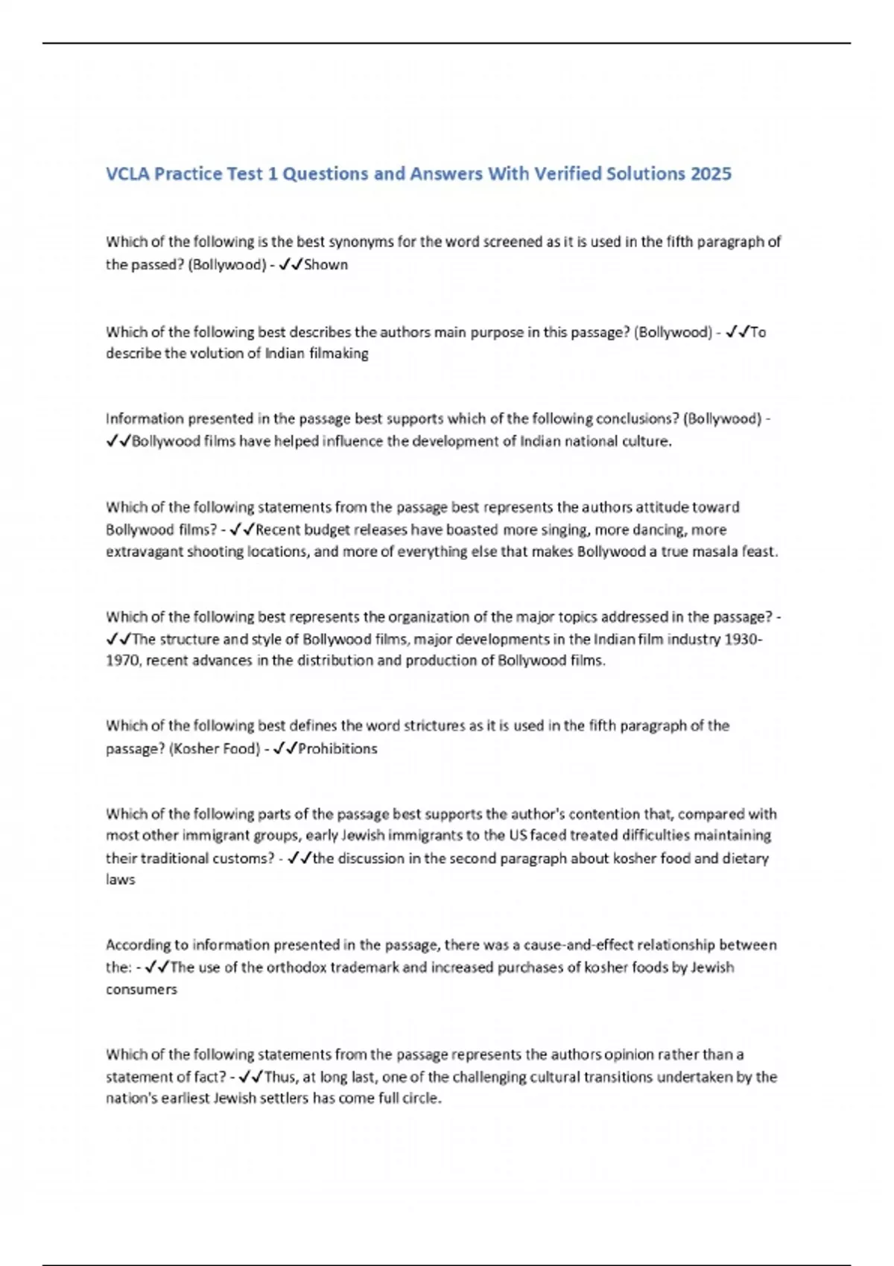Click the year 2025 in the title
tap(711, 174)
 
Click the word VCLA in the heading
tap(127, 174)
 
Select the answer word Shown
tap(326, 264)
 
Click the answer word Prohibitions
tap(337, 748)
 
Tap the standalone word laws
tap(120, 879)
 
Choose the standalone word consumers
tap(142, 990)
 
